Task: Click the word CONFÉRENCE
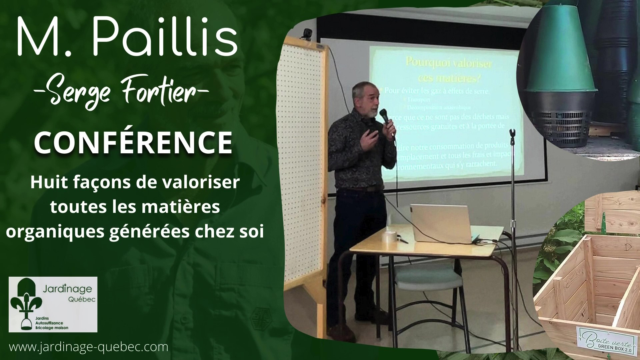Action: [x=133, y=142]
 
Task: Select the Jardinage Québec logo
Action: [x=53, y=304]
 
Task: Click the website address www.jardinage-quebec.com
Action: [x=89, y=347]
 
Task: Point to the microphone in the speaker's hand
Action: [x=385, y=117]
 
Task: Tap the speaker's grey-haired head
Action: [x=365, y=97]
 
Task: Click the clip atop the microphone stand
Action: [x=513, y=133]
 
